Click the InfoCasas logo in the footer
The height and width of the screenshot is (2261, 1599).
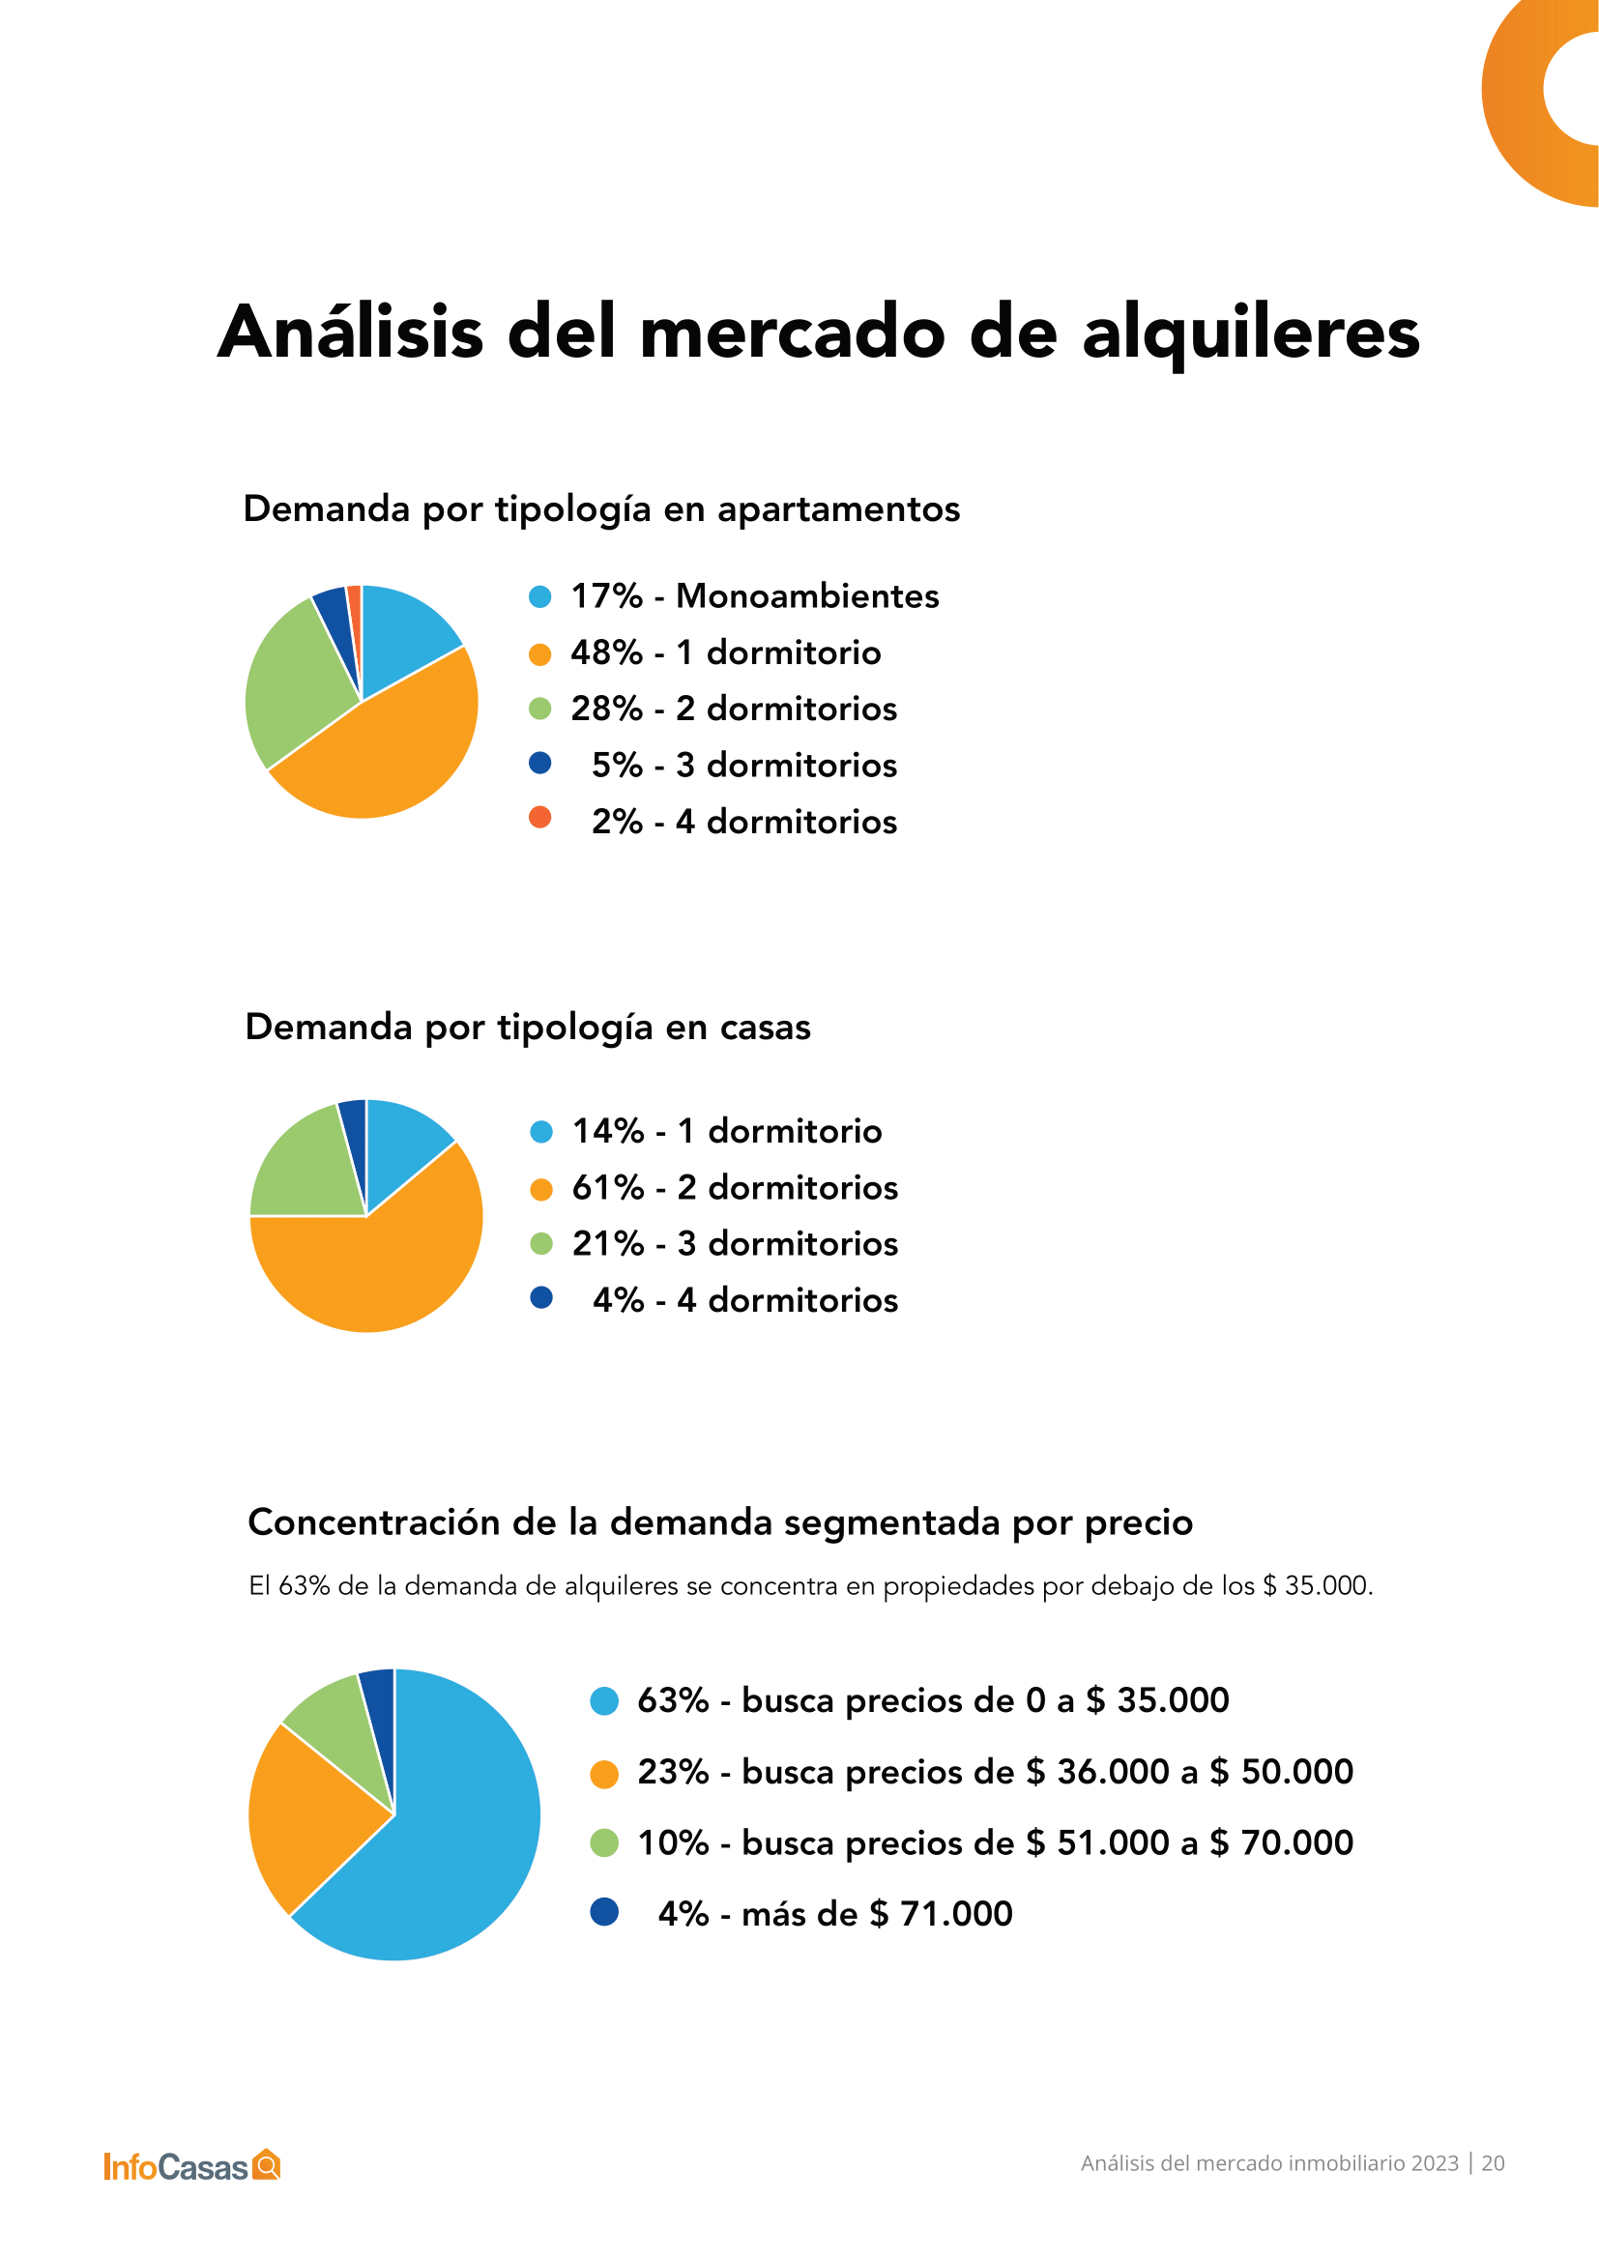pos(192,2165)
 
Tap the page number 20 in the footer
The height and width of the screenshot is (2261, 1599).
pos(1493,2162)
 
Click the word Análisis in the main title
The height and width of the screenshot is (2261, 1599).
pos(351,332)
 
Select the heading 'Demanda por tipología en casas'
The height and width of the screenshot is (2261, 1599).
pos(528,1027)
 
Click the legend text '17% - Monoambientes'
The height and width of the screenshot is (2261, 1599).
pos(754,595)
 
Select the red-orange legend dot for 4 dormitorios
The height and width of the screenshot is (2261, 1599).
pos(539,818)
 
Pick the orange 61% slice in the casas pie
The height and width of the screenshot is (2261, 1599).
pos(374,1270)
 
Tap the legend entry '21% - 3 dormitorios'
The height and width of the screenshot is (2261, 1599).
pos(735,1244)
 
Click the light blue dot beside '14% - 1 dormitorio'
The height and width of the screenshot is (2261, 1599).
pos(540,1133)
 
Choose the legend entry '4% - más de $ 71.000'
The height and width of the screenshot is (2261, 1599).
pos(834,1913)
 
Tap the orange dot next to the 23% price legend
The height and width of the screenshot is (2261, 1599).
pos(603,1774)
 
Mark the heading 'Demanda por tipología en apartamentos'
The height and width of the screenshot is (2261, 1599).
pos(600,509)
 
